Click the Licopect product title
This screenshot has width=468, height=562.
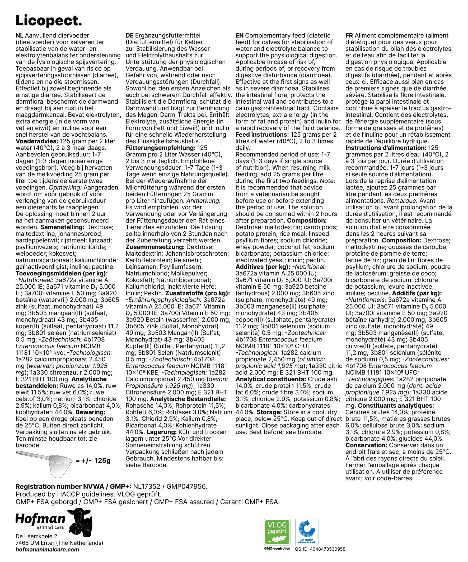(49, 21)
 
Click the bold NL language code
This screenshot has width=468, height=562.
(19, 36)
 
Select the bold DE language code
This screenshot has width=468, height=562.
(129, 36)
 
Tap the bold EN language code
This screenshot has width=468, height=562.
(239, 36)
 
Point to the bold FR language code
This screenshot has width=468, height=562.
(349, 36)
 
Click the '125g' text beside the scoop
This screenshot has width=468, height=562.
(102, 460)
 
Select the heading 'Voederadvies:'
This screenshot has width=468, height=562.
(37, 141)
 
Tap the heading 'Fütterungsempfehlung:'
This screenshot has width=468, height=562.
(161, 148)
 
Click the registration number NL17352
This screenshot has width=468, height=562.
(147, 487)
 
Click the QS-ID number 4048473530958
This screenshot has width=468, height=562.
(327, 549)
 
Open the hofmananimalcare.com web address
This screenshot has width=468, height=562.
(47, 550)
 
